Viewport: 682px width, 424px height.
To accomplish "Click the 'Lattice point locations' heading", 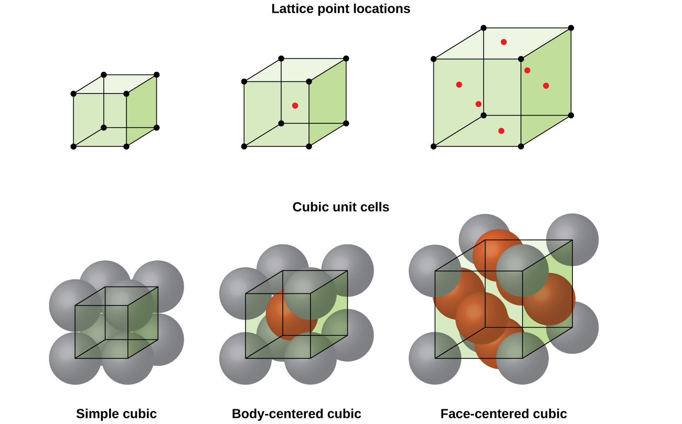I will (340, 9).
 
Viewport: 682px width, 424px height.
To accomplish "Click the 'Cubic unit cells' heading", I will (340, 207).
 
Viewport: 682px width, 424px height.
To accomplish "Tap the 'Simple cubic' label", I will (116, 414).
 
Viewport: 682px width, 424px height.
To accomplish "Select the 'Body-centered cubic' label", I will (296, 414).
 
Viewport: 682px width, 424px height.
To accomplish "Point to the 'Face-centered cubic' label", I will (504, 414).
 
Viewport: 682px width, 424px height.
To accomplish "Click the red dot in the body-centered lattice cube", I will (295, 105).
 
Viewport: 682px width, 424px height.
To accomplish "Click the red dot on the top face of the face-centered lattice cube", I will (504, 42).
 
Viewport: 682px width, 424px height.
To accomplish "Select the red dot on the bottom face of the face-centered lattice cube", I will (501, 131).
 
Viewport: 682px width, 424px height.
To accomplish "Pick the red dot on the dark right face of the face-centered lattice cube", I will (546, 86).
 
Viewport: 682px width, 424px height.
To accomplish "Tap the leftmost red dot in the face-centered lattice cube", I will (459, 84).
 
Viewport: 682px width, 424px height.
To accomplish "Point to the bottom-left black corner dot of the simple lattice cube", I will (73, 146).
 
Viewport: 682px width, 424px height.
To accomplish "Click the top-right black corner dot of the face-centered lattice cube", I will (571, 28).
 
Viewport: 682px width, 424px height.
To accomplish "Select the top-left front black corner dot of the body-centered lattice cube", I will (244, 81).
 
